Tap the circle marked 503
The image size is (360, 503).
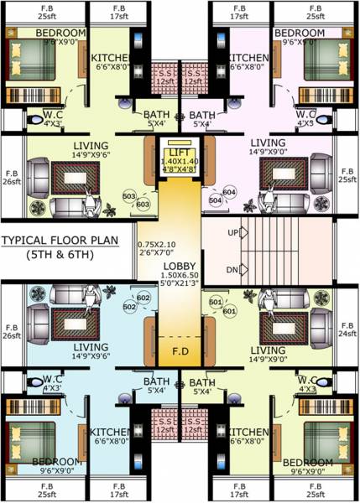coord(128,197)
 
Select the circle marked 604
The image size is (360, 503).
coord(229,193)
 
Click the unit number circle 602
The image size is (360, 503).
coord(143,298)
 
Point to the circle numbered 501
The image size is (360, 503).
coord(215,302)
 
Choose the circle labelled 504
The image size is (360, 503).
coord(214,201)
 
